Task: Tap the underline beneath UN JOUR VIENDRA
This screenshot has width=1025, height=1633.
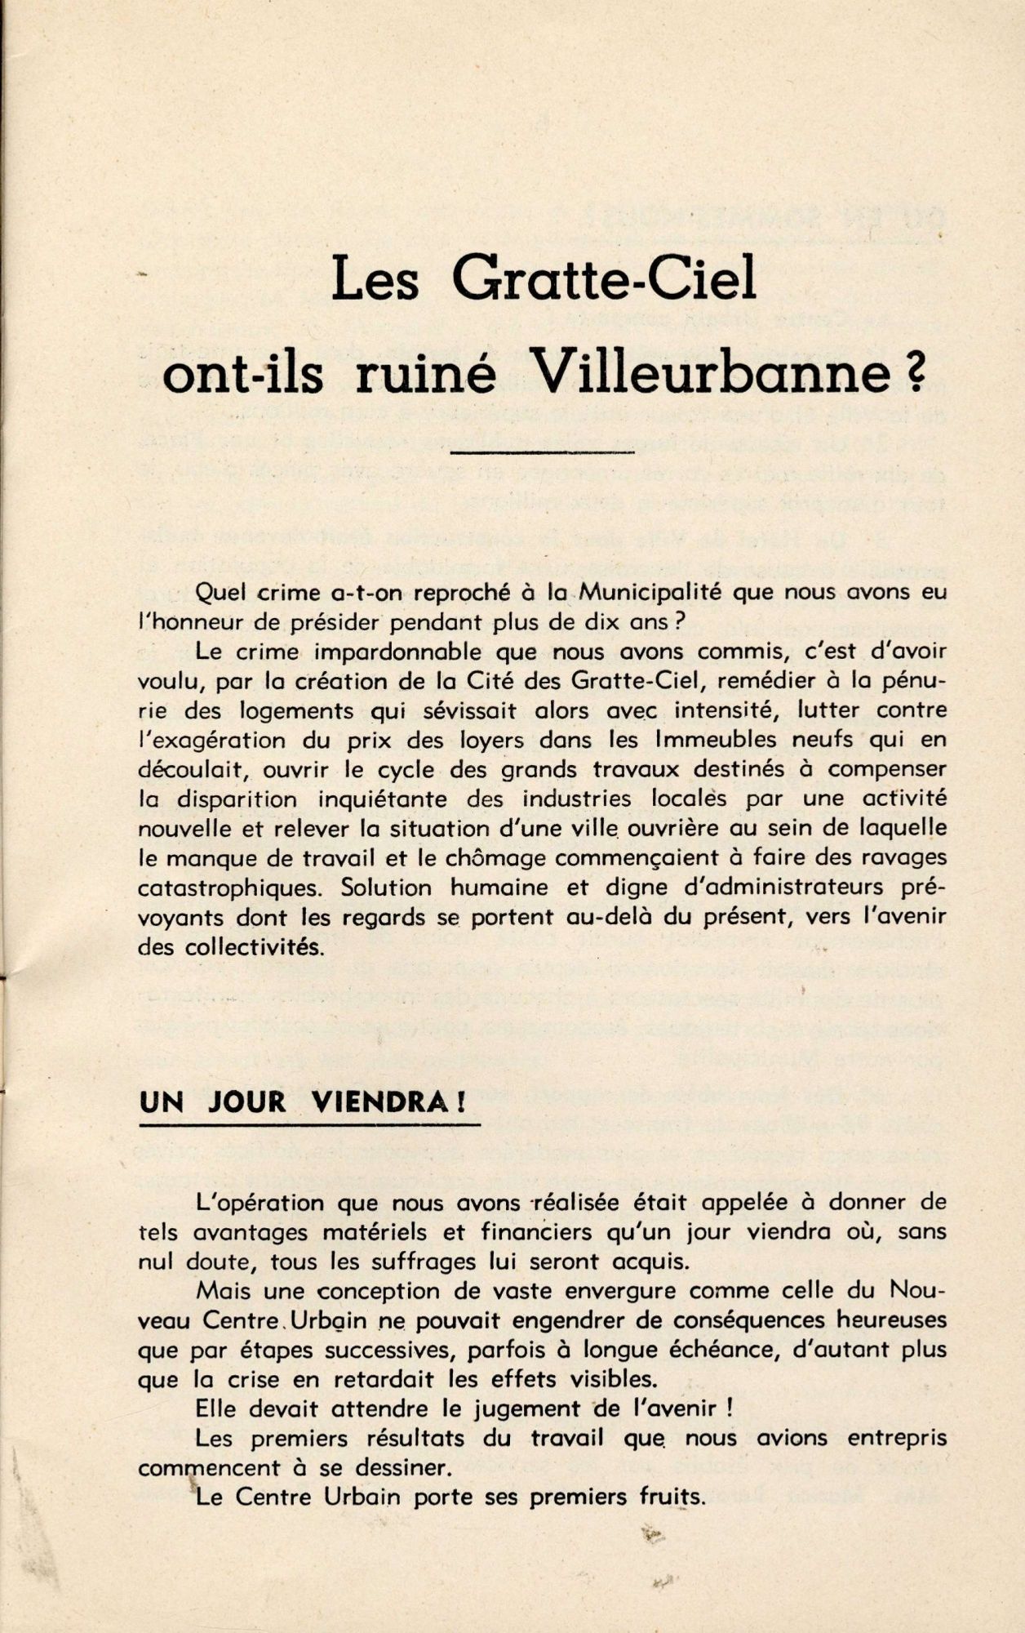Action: (309, 1126)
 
